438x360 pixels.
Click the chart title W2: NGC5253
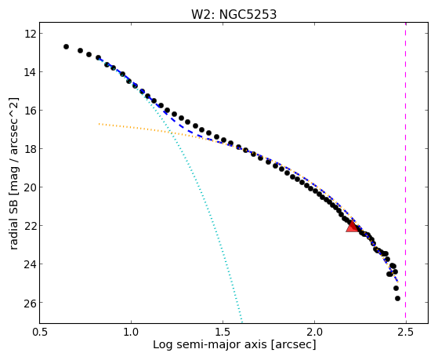[x=233, y=14]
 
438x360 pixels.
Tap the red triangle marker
[x=353, y=227]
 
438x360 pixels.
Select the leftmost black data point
[x=66, y=46]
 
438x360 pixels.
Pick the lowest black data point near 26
[x=397, y=299]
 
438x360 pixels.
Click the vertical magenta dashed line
[x=406, y=173]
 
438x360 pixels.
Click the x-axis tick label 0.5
[x=39, y=333]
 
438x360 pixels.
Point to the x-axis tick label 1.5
[x=223, y=333]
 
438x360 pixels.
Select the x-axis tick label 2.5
[x=406, y=333]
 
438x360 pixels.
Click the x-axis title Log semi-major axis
[x=210, y=345]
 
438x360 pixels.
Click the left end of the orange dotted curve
[x=100, y=124]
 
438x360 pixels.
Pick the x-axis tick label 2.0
[x=314, y=333]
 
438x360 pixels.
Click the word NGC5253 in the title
[x=248, y=14]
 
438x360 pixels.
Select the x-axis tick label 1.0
[x=131, y=333]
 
